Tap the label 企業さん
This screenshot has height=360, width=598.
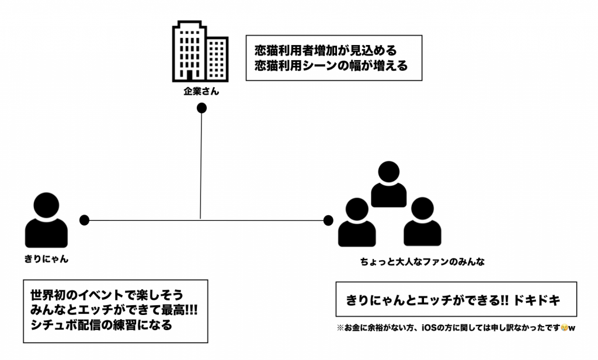click(x=201, y=91)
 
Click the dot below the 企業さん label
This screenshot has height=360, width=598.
click(x=201, y=108)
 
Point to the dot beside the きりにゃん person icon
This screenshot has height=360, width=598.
click(x=84, y=220)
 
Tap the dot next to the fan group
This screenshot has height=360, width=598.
click(x=328, y=220)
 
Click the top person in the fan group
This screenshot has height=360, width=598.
click(x=389, y=184)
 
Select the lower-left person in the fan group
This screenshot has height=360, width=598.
click(x=356, y=222)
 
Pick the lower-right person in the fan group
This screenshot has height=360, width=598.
click(x=422, y=222)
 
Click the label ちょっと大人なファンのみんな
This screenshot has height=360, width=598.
click(x=422, y=262)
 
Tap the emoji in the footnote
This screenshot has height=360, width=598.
click(x=563, y=328)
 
